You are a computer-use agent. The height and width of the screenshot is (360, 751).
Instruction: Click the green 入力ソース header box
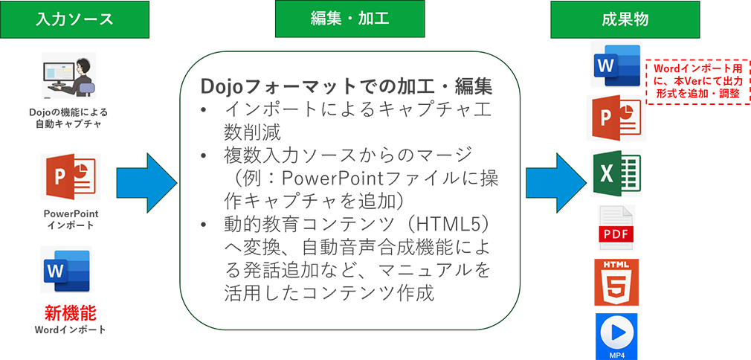coord(74,19)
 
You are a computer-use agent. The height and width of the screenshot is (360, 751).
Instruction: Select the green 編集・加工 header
coord(349,19)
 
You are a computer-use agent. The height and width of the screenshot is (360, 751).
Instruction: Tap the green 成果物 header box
coord(625,19)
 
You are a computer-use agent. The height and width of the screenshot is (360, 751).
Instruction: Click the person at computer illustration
coord(68,75)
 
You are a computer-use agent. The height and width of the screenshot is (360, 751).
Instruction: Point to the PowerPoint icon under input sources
coord(71,176)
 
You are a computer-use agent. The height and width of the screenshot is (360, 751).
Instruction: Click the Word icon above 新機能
coord(65,269)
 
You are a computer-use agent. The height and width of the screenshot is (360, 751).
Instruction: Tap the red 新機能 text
coord(71,313)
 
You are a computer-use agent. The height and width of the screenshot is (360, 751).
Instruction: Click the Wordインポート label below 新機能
coord(71,330)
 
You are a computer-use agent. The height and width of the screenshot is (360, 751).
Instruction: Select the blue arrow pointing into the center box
coord(146,183)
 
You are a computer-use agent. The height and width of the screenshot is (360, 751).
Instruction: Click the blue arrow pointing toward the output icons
coord(556,183)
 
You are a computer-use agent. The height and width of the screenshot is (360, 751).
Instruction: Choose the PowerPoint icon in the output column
coord(616,118)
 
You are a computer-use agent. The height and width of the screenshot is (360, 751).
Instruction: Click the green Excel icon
coord(616,173)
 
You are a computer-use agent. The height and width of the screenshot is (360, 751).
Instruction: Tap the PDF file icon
coord(617,227)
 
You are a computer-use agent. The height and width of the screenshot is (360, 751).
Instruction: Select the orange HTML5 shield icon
coord(616,282)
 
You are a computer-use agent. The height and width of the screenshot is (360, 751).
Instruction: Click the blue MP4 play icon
coord(616,336)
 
